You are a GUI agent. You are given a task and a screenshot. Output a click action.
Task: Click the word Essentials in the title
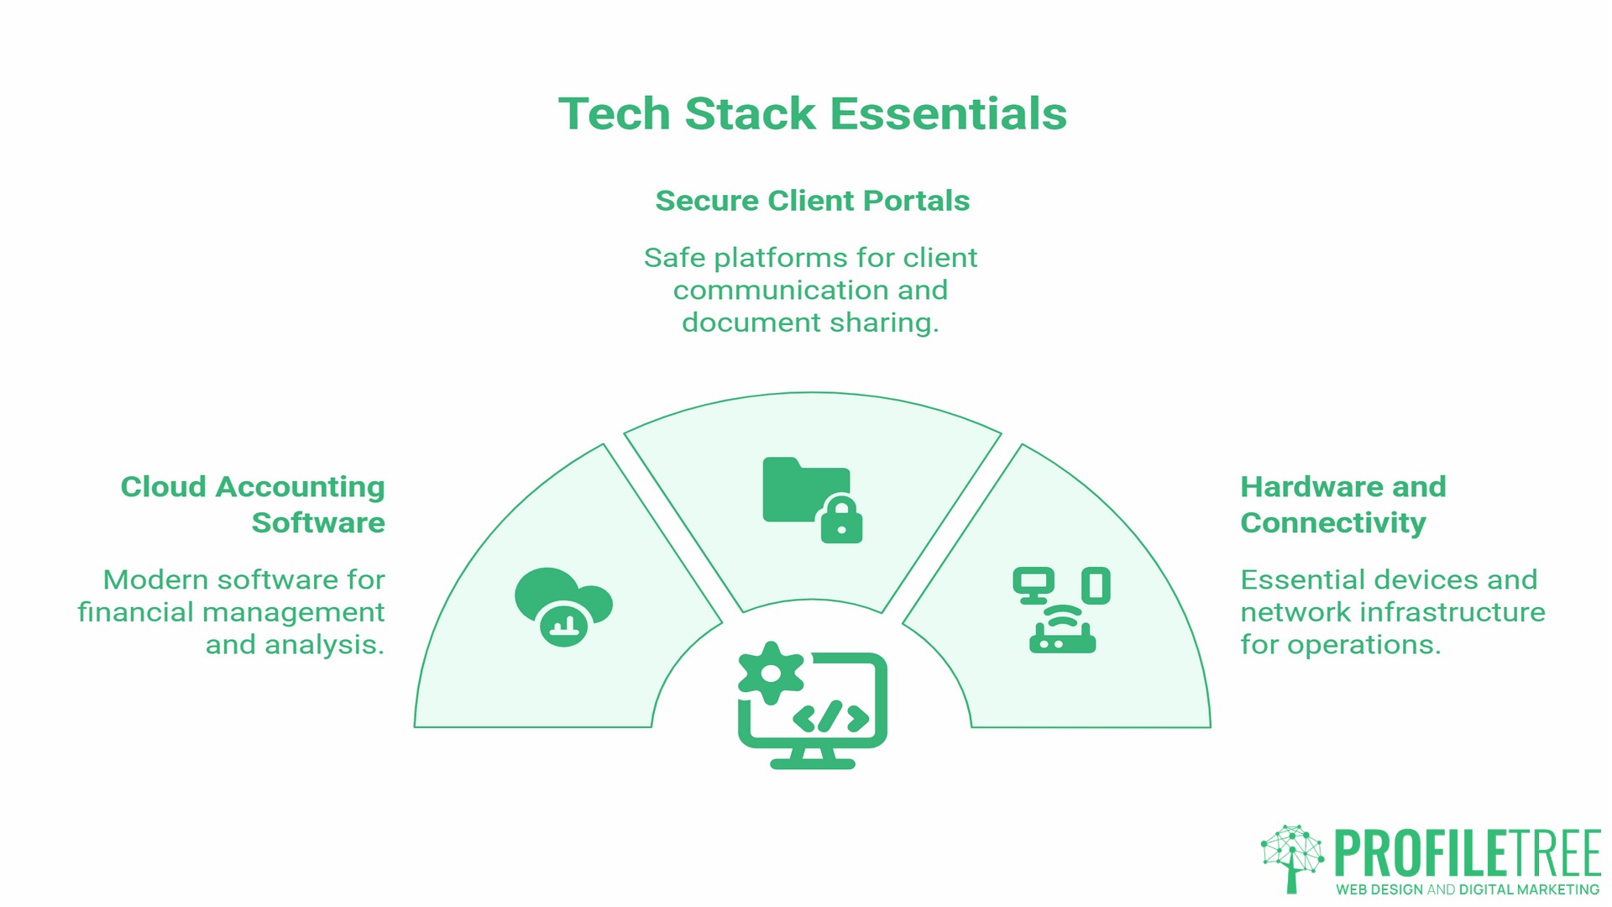[949, 113]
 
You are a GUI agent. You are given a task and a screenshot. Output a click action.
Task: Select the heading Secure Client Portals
[812, 201]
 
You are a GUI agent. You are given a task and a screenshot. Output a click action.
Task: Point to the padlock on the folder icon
[841, 521]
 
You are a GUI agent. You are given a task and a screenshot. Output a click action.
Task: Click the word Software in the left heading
[318, 523]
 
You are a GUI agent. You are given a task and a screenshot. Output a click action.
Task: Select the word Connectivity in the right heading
[1332, 523]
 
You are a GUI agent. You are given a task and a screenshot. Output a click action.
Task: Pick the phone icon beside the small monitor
[1096, 585]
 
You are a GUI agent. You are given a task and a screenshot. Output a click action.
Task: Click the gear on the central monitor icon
[770, 673]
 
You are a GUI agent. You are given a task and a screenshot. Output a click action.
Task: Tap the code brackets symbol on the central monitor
[830, 717]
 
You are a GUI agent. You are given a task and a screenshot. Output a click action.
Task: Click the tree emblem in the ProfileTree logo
[1291, 857]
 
